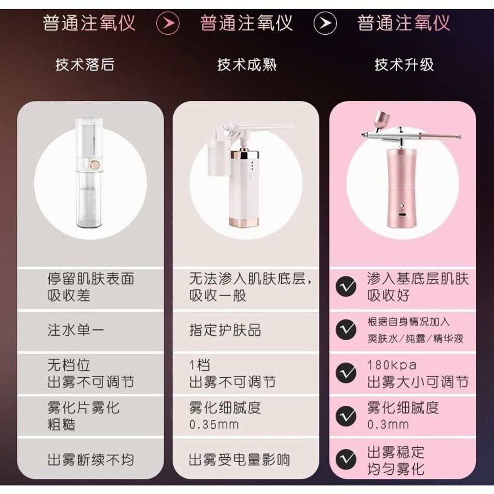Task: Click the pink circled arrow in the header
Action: pos(168,23)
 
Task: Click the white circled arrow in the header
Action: pos(325,23)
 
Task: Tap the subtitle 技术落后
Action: pos(85,65)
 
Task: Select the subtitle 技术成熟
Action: pos(247,65)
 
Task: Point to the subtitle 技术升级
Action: pos(404,65)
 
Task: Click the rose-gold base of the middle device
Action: pos(244,221)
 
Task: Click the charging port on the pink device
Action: pos(402,215)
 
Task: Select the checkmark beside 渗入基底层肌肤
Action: pos(346,287)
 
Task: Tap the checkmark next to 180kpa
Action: pos(346,373)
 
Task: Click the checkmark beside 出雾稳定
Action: pos(346,459)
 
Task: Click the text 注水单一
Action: pos(76,330)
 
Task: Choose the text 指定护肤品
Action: pos(225,330)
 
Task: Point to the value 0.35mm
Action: pos(214,425)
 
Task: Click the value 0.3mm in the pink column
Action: pos(388,425)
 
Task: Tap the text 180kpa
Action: pos(392,365)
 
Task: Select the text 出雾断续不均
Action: pos(91,460)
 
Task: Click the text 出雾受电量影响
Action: pos(239,460)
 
